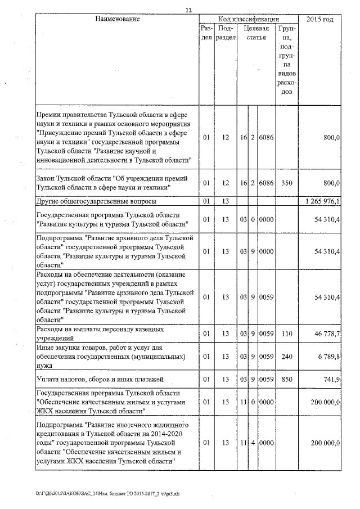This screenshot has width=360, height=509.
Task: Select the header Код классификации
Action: coord(248,19)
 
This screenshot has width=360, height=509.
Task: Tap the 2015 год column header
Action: coord(319,20)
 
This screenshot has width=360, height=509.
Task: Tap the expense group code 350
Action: coord(287,183)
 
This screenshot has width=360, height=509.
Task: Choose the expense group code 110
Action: coord(287,334)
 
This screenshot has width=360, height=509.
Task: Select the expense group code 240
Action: coord(287,357)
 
